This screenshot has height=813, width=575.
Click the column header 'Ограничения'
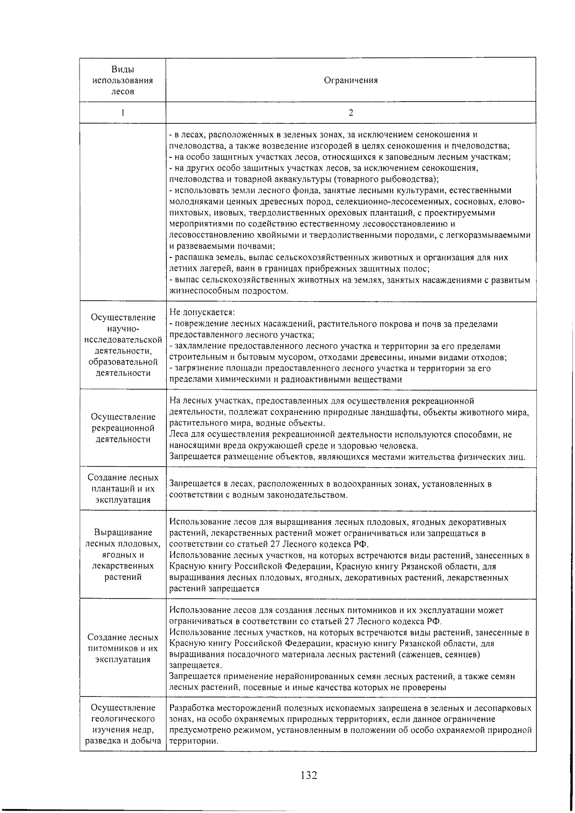pos(351,80)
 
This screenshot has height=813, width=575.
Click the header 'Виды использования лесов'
pos(123,80)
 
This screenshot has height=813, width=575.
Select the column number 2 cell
pos(351,113)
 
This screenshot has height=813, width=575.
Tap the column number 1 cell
pos(123,113)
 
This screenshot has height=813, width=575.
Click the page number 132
pos(309,775)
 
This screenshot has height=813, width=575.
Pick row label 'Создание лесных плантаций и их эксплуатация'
pos(123,489)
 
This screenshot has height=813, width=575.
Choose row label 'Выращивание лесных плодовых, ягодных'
pos(123,554)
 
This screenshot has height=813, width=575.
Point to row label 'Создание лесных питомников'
pos(123,648)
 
